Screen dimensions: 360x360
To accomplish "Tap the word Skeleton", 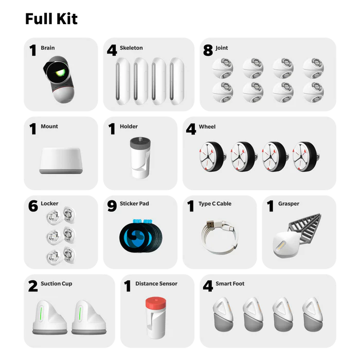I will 131,48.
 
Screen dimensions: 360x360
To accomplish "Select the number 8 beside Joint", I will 208,50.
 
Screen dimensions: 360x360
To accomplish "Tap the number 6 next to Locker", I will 33,206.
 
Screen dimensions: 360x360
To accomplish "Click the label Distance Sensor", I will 156,283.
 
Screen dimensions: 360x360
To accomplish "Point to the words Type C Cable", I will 214,204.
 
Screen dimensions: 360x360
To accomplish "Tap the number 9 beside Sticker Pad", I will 112,206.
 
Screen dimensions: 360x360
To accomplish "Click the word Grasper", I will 289,204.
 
